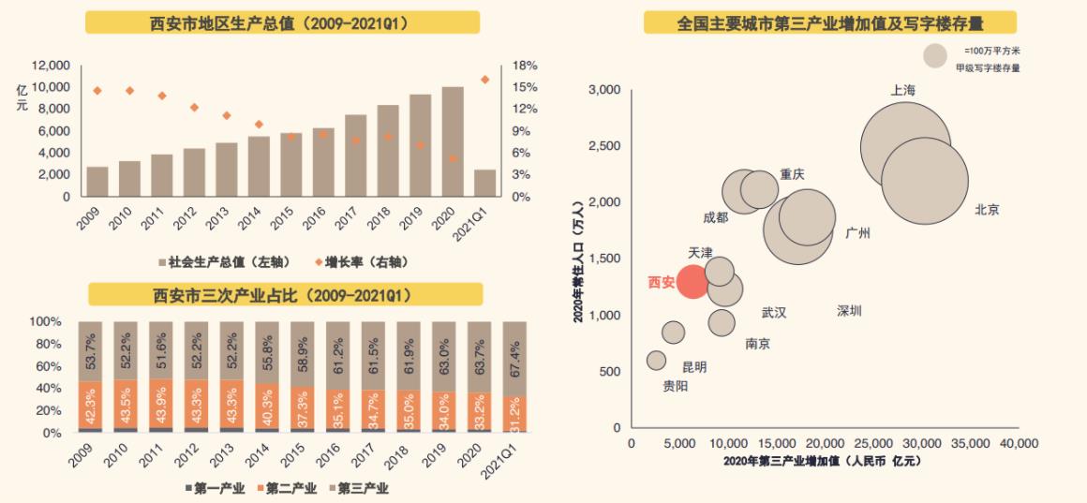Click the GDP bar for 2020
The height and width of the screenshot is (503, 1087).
[453, 141]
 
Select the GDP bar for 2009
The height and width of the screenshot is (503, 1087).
[97, 182]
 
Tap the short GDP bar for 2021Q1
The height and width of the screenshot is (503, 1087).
[484, 184]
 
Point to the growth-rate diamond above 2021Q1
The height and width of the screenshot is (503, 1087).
[484, 80]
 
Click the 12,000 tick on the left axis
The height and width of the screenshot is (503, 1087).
[51, 66]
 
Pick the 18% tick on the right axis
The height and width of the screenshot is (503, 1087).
[525, 66]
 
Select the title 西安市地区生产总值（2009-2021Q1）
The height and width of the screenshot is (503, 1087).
[282, 22]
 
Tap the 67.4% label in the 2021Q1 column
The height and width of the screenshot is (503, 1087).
[514, 356]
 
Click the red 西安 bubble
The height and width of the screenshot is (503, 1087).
[692, 281]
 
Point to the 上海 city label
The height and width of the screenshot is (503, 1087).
[903, 90]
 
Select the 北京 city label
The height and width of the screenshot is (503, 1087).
[987, 210]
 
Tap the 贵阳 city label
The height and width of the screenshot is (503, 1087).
[675, 386]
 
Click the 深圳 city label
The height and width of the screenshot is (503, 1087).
[849, 311]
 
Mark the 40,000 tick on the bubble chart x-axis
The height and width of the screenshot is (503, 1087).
[1019, 442]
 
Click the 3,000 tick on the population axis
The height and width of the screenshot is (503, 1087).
[604, 90]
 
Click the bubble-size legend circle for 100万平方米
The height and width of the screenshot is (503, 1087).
[935, 56]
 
